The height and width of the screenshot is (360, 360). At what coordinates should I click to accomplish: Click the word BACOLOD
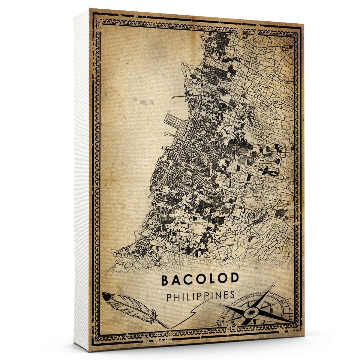pyautogui.click(x=200, y=280)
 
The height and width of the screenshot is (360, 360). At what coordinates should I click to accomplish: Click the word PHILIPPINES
pyautogui.click(x=200, y=296)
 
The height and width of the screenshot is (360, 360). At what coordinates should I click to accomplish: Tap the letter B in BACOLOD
pyautogui.click(x=165, y=280)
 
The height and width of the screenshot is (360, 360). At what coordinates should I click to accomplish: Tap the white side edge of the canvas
pyautogui.click(x=81, y=180)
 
